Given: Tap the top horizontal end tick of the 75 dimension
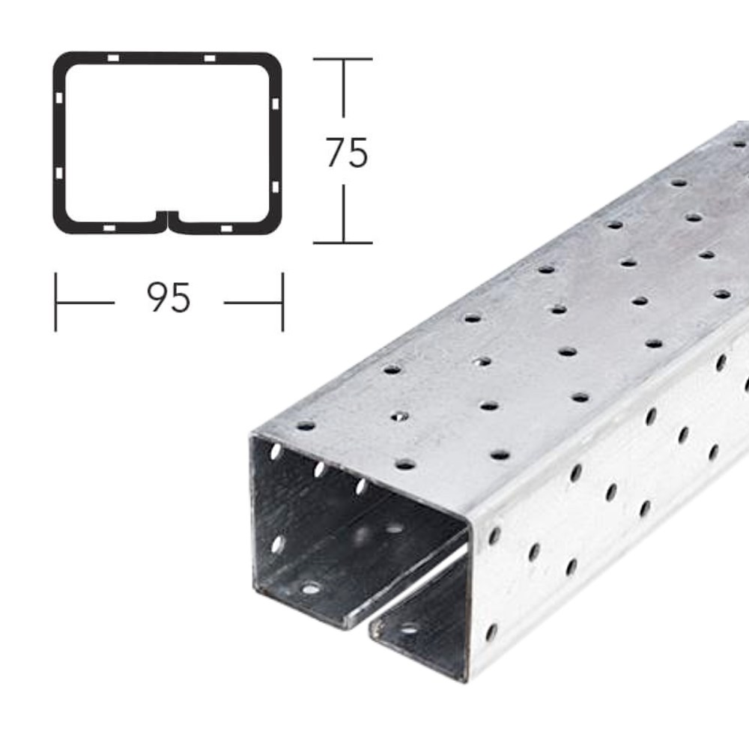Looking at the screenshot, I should coord(343,59).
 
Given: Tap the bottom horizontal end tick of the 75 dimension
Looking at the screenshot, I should coord(343,243).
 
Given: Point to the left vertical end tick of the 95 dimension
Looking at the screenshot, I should coord(55,302).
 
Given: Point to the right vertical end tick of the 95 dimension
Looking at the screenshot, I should coord(282,302).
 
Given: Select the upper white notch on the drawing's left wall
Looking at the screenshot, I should coord(58,98).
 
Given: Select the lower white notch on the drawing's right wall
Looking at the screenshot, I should coord(276,186).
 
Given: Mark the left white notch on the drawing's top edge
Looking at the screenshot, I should coord(112,58).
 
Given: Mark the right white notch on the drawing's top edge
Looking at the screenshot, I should coord(210,58).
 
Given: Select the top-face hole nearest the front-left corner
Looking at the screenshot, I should coord(305,425).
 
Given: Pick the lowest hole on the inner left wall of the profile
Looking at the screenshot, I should coord(278,544).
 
